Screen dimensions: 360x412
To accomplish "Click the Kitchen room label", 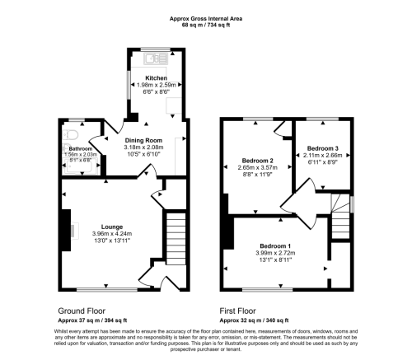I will point(156,79).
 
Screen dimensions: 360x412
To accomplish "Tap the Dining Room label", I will point(143,140).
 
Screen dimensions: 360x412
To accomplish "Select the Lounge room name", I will point(113,226).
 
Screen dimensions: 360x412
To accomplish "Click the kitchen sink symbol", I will point(152,58).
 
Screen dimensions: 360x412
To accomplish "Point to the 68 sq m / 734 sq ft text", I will point(206,25).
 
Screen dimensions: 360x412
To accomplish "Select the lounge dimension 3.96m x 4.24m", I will point(113,233).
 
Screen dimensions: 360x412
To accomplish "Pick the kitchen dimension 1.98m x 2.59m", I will point(156,86).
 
